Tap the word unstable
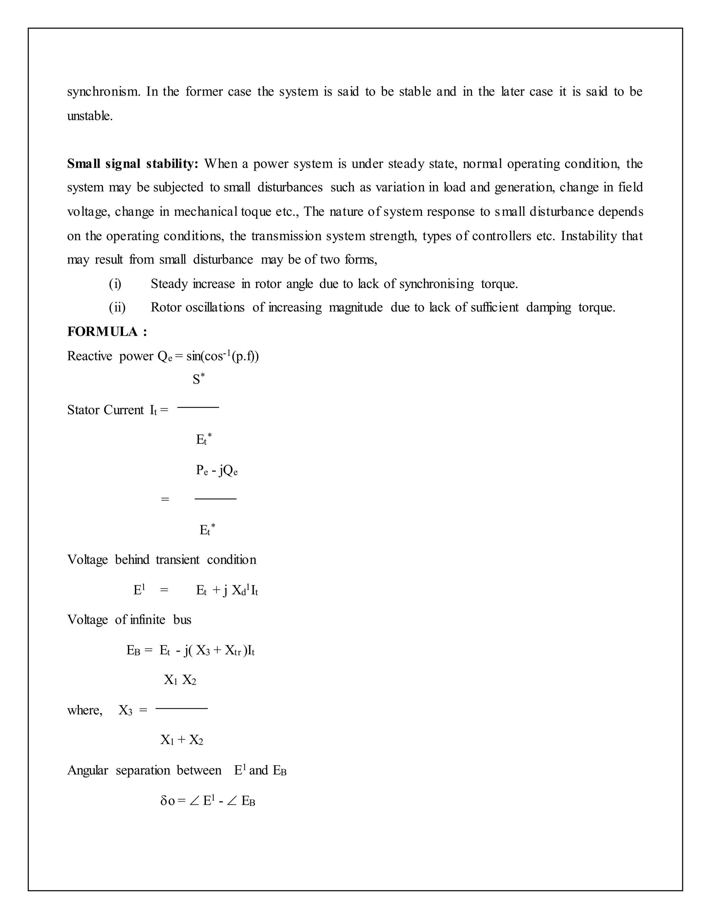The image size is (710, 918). tap(89, 116)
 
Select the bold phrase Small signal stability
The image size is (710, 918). tap(132, 164)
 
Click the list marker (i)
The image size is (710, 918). tap(115, 284)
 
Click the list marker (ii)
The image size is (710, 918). tap(117, 307)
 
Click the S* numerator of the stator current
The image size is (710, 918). tap(198, 379)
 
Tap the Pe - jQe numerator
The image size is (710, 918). tap(217, 470)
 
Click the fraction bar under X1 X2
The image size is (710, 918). tap(181, 709)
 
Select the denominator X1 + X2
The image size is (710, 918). tap(181, 740)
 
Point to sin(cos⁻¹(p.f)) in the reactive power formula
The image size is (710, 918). tap(223, 356)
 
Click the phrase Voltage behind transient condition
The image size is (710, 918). tap(162, 560)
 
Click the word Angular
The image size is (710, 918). tap(87, 770)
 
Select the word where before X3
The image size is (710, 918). tap(85, 710)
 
